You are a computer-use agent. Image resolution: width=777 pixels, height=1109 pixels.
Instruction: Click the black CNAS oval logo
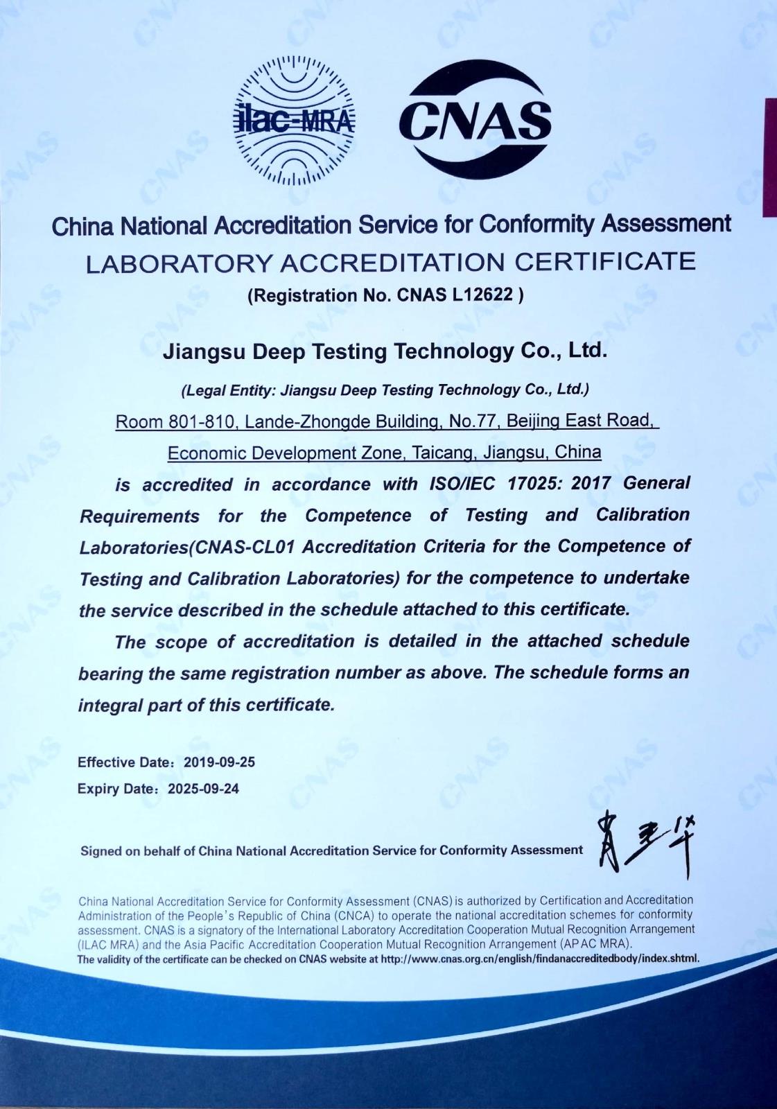475,119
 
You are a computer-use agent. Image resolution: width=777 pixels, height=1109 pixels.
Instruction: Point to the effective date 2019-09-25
220,762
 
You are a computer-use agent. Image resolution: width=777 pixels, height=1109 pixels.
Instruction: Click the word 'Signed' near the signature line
101,850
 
